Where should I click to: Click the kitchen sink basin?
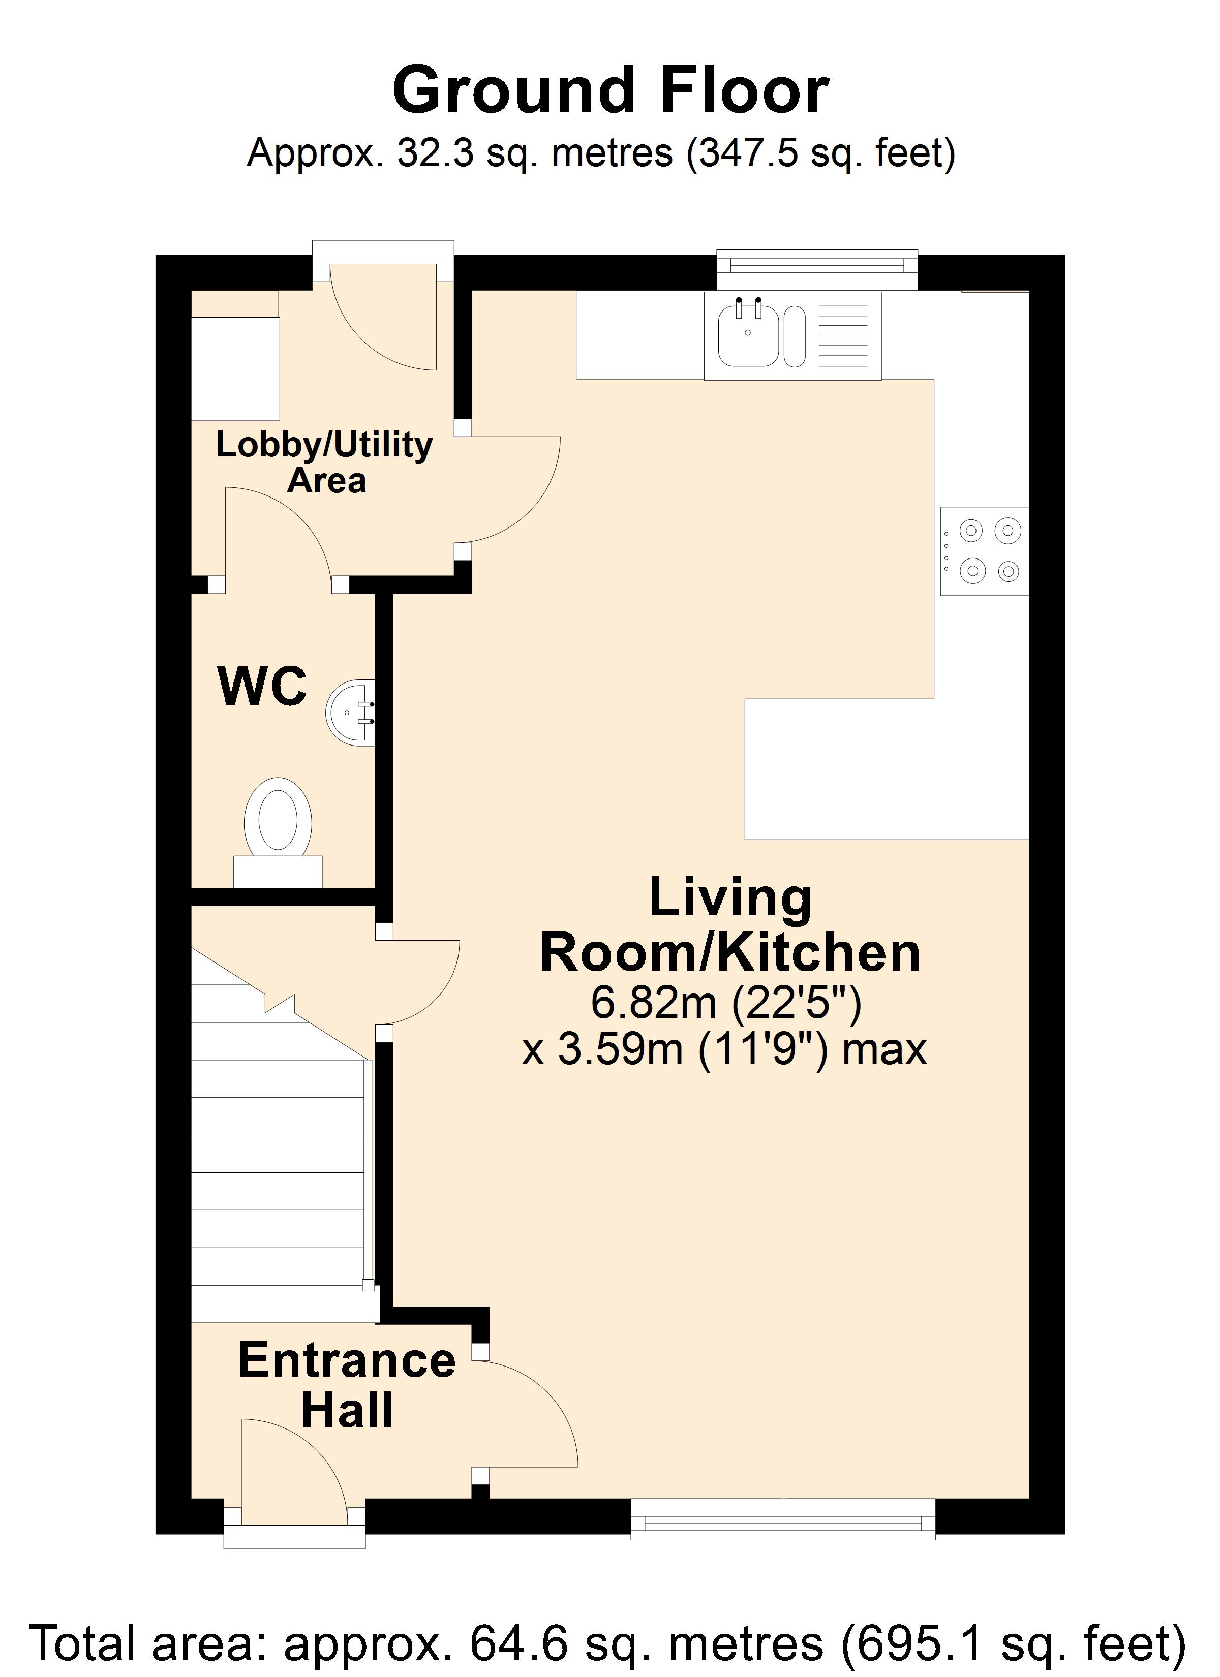(749, 336)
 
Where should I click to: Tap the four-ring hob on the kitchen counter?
(985, 551)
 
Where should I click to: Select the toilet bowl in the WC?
(278, 816)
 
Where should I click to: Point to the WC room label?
(263, 686)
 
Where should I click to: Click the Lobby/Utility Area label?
(325, 462)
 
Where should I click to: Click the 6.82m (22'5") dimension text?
(726, 1003)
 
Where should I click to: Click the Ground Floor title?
(611, 90)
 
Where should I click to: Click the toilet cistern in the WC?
(278, 872)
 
